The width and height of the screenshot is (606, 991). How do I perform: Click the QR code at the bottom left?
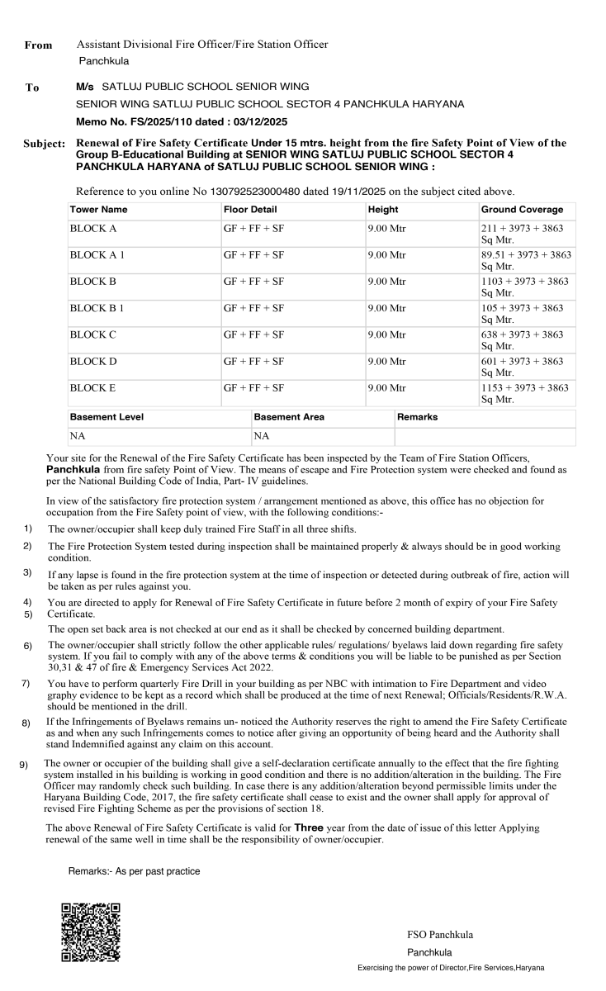(91, 932)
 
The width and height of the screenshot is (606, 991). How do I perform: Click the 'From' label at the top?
(38, 45)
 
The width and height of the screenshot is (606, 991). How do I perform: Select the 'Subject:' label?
(44, 145)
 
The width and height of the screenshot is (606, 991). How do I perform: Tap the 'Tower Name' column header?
(98, 210)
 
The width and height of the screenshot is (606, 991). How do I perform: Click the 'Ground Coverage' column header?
(522, 210)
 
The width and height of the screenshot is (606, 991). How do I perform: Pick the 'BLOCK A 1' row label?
(97, 255)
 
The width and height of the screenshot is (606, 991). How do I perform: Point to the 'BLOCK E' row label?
(92, 387)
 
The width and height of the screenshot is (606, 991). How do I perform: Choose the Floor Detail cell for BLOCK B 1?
(253, 308)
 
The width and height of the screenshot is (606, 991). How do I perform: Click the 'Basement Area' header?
(289, 417)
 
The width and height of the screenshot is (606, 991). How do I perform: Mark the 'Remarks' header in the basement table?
(417, 417)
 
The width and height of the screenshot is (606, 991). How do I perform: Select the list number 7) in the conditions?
(26, 683)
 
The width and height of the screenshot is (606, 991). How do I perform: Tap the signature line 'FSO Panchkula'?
(440, 935)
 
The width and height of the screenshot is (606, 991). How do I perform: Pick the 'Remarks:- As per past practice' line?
(134, 871)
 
